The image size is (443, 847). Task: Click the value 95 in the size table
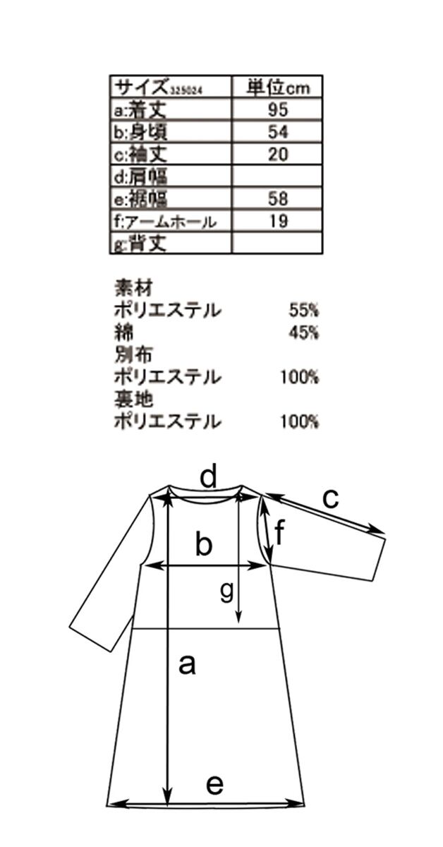point(278,109)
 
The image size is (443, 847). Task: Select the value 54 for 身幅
point(278,131)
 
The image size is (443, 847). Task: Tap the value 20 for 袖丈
point(278,154)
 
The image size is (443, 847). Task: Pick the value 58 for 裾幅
point(278,198)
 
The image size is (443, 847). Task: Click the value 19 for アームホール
point(278,221)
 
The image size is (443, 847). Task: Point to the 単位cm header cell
point(278,87)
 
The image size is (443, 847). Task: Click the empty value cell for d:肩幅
point(278,176)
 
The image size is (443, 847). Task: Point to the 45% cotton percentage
point(304,332)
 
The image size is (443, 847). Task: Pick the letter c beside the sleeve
point(330,498)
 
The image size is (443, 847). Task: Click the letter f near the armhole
point(279,534)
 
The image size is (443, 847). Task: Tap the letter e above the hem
point(214,783)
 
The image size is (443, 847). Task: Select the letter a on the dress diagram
point(186,664)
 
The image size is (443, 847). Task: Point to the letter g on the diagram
point(226,591)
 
